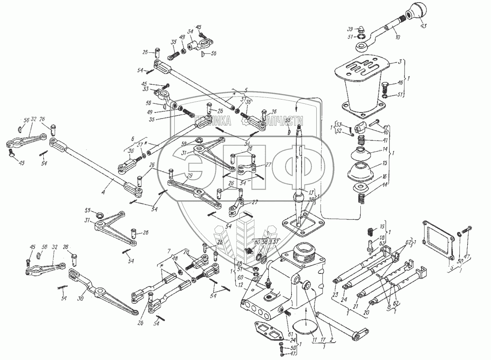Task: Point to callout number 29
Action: pyautogui.click(x=189, y=177)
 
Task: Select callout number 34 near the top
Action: pyautogui.click(x=190, y=31)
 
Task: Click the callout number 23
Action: pyautogui.click(x=335, y=294)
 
